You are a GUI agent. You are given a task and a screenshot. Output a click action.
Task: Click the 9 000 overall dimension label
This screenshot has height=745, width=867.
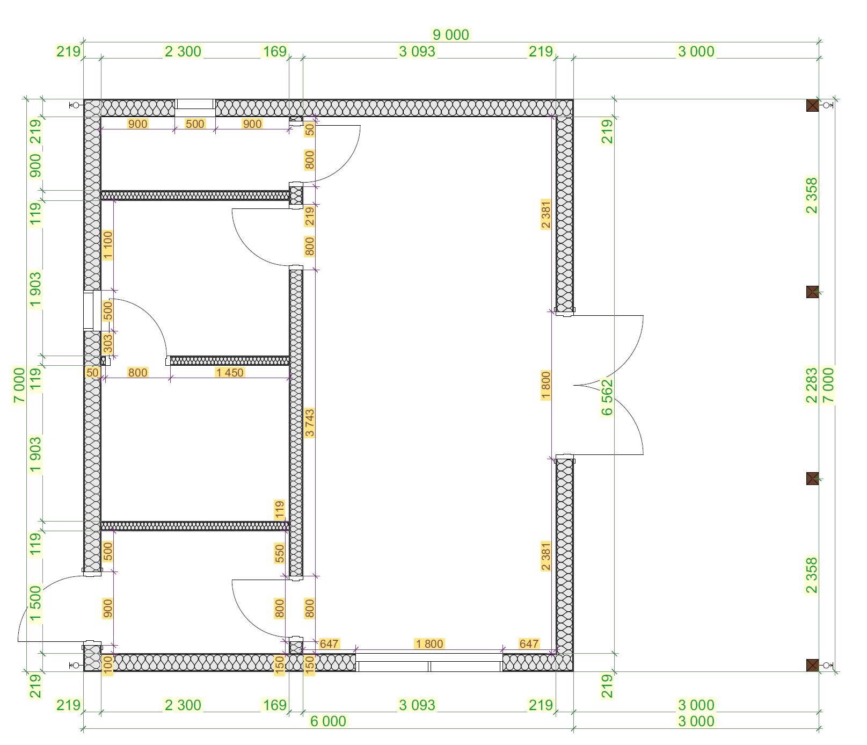click(x=451, y=35)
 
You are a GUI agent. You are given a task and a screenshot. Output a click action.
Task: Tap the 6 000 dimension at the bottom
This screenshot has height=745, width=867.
click(x=329, y=721)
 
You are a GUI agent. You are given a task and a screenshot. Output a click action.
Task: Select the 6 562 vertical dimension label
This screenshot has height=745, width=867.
click(x=607, y=397)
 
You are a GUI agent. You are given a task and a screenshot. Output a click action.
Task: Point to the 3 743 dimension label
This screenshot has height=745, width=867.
click(x=309, y=423)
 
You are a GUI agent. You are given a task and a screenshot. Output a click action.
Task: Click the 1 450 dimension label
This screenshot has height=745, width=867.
click(x=229, y=372)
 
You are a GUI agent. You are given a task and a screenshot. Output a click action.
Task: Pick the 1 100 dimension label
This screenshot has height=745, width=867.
click(x=108, y=245)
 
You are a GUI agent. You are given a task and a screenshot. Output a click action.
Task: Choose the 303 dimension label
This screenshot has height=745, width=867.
click(x=108, y=344)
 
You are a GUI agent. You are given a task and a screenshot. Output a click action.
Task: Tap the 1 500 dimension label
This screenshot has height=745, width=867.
click(x=35, y=603)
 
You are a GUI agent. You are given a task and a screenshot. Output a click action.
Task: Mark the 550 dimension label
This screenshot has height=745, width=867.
click(x=279, y=553)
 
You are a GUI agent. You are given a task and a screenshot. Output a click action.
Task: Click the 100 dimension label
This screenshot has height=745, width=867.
click(x=108, y=664)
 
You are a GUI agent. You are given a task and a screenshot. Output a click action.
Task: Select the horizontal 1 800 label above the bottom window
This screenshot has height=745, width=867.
click(x=429, y=643)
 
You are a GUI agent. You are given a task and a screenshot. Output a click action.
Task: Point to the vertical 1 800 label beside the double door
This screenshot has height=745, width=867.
click(x=546, y=385)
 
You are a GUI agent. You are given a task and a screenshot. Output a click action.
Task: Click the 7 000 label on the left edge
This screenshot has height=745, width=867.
click(x=19, y=385)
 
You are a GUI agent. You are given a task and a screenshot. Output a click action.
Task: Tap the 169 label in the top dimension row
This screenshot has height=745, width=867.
click(x=274, y=52)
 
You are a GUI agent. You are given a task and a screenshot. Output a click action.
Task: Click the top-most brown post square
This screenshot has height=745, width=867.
click(x=813, y=105)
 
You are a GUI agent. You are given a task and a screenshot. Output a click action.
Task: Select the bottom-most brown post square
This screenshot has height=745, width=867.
click(x=813, y=666)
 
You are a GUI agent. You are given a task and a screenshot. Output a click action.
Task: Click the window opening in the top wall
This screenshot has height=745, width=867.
click(x=195, y=107)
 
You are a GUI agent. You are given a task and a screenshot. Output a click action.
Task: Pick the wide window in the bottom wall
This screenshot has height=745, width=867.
click(x=429, y=663)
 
